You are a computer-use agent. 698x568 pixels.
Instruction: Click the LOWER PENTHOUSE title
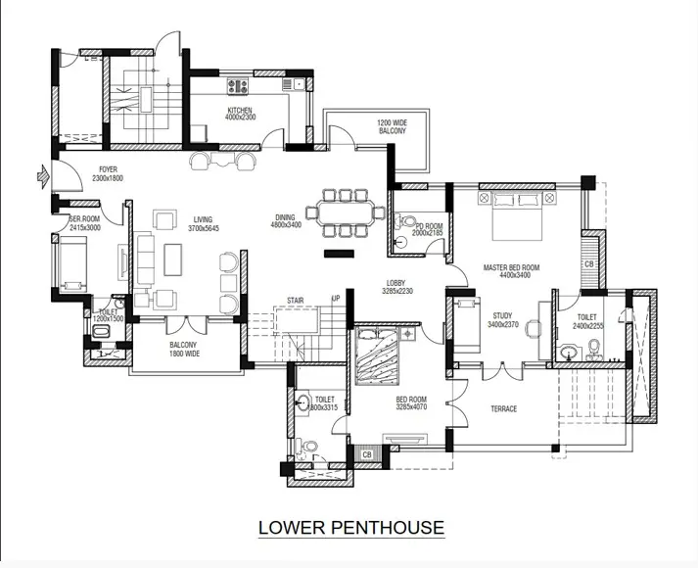350,528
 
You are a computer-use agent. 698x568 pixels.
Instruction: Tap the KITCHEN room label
240,114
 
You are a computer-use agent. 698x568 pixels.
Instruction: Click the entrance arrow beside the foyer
41,176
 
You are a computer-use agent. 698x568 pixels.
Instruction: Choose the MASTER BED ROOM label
512,271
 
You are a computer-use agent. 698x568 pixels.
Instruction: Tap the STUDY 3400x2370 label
503,320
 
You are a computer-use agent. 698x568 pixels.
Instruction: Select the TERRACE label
503,408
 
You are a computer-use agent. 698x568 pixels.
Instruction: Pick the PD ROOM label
428,230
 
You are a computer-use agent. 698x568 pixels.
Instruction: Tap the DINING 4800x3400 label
285,223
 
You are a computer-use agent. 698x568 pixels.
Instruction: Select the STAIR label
295,301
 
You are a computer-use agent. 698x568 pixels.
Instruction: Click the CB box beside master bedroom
588,264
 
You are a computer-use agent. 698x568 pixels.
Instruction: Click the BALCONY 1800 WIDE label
183,350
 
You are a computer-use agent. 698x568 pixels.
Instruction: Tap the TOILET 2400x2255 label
587,321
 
